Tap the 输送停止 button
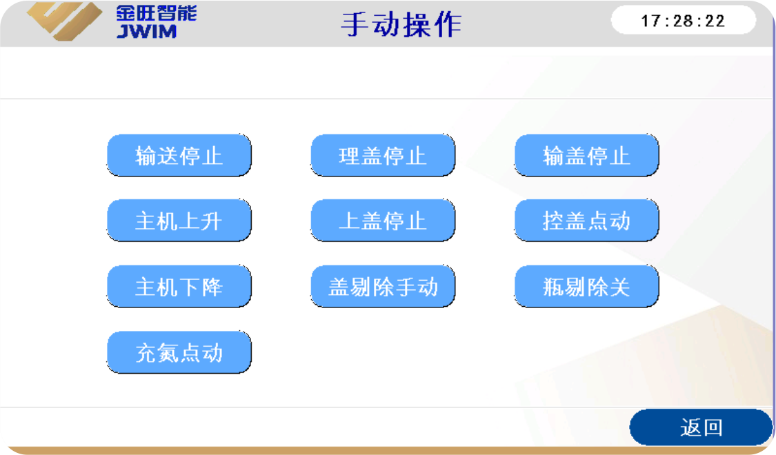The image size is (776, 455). (x=179, y=155)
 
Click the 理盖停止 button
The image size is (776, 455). (x=383, y=155)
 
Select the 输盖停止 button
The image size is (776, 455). (x=586, y=155)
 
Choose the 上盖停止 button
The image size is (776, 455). (x=383, y=221)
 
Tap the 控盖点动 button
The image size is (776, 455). (x=586, y=221)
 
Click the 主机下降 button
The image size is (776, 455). (x=179, y=286)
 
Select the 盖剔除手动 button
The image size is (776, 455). (x=383, y=286)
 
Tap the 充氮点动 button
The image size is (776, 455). (x=179, y=352)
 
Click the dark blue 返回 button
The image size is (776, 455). (x=701, y=427)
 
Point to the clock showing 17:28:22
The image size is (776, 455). (x=684, y=20)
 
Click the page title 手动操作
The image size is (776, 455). (x=401, y=24)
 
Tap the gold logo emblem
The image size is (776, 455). (x=64, y=21)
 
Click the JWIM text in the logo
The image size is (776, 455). (x=146, y=31)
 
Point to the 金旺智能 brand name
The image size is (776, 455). (x=157, y=13)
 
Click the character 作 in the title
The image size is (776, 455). (x=448, y=24)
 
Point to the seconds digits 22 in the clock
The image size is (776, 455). (x=715, y=21)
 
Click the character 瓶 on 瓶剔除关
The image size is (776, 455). (x=554, y=287)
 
